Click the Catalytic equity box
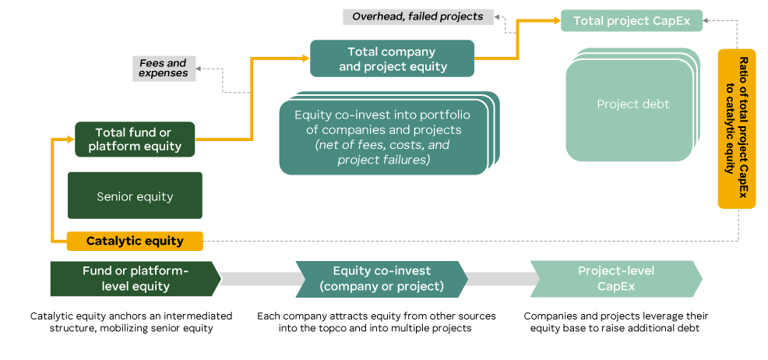[x=135, y=241]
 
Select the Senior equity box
[x=135, y=196]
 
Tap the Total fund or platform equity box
[x=135, y=139]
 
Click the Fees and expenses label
[x=164, y=68]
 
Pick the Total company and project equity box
[x=392, y=59]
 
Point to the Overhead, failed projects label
[x=417, y=16]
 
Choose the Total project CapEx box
[x=632, y=20]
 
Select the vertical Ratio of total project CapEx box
[x=736, y=129]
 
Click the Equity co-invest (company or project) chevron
[x=382, y=279]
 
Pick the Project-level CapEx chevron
[x=615, y=279]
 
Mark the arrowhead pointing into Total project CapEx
[x=555, y=21]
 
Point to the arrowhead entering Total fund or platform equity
[x=69, y=139]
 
